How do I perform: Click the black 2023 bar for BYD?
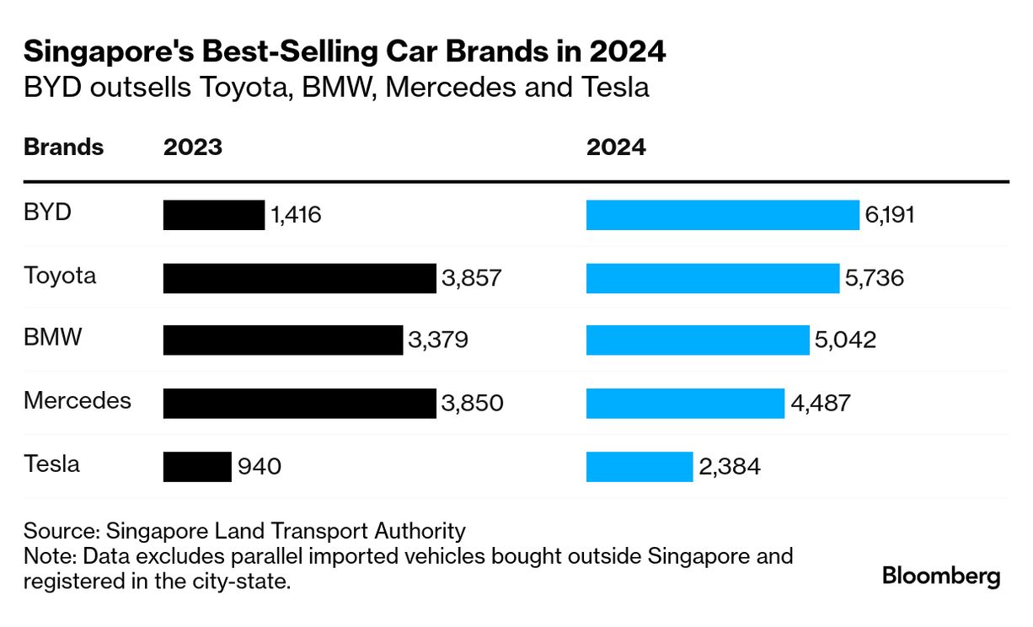point(213,215)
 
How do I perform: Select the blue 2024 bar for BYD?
point(722,215)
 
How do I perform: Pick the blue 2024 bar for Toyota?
point(713,278)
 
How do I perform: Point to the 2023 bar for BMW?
point(283,340)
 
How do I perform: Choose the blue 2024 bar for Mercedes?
point(685,403)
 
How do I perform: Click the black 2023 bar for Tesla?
point(197,466)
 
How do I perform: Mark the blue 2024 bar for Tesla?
point(640,466)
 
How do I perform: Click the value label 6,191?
point(889,215)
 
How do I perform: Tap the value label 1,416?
point(296,215)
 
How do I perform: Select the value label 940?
point(259,466)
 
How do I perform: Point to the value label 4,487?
point(821,403)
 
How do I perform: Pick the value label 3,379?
point(437,340)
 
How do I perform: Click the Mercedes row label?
point(78,400)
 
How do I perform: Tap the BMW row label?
point(53,338)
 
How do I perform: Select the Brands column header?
point(63,147)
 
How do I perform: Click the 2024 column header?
point(616,147)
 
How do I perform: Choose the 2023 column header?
point(193,147)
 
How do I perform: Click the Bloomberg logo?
point(941,577)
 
